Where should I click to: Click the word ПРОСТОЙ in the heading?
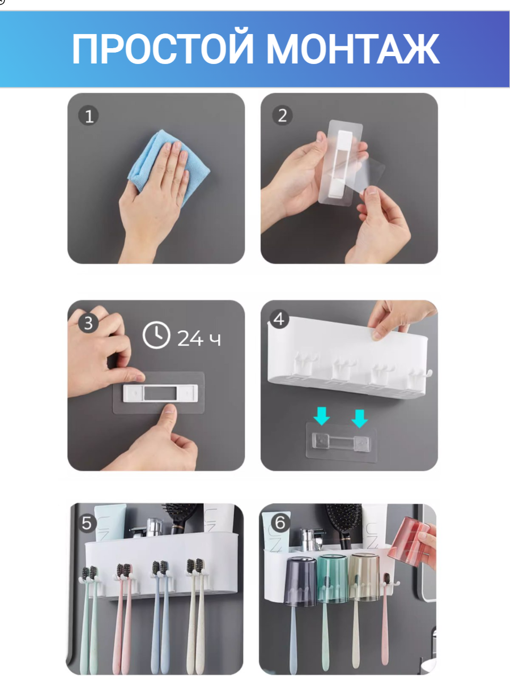(163, 49)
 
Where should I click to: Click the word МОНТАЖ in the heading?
(353, 49)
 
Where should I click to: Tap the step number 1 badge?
(88, 116)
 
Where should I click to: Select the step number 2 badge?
(282, 116)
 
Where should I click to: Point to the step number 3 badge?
(88, 323)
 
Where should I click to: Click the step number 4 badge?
(279, 319)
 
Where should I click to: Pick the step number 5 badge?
(87, 524)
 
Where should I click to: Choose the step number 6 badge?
(280, 523)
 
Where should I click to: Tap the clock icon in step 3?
(156, 335)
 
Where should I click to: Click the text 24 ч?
(199, 338)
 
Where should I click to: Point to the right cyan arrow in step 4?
(359, 419)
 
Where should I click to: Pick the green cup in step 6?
(333, 579)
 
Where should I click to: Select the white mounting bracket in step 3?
(160, 393)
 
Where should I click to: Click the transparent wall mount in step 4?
(341, 442)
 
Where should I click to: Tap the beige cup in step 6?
(364, 577)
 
